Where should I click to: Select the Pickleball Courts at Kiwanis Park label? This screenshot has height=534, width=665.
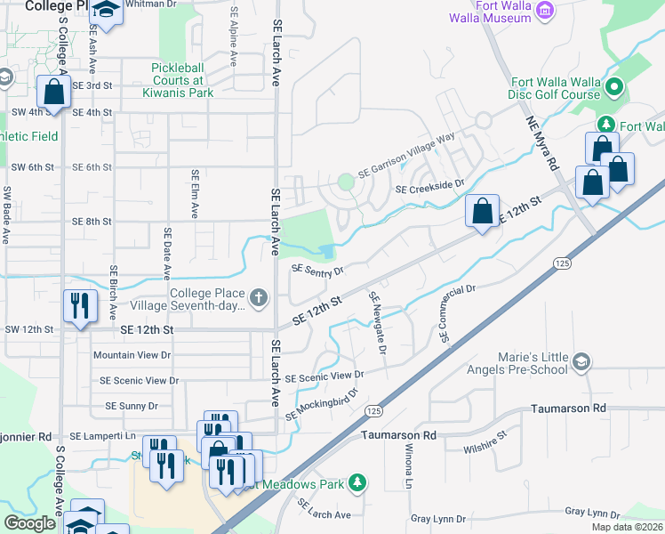pos(182,79)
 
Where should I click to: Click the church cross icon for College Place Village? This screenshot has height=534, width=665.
pos(258,297)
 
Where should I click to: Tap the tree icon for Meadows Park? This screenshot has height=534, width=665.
pos(357,482)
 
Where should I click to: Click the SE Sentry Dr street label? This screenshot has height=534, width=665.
pos(317,270)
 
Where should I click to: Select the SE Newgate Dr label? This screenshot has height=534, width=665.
pos(377,323)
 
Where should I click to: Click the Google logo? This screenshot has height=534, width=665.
pos(30,523)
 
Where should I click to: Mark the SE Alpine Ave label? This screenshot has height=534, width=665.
pos(234,37)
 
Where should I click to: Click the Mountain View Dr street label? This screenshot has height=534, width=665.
pos(132,355)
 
